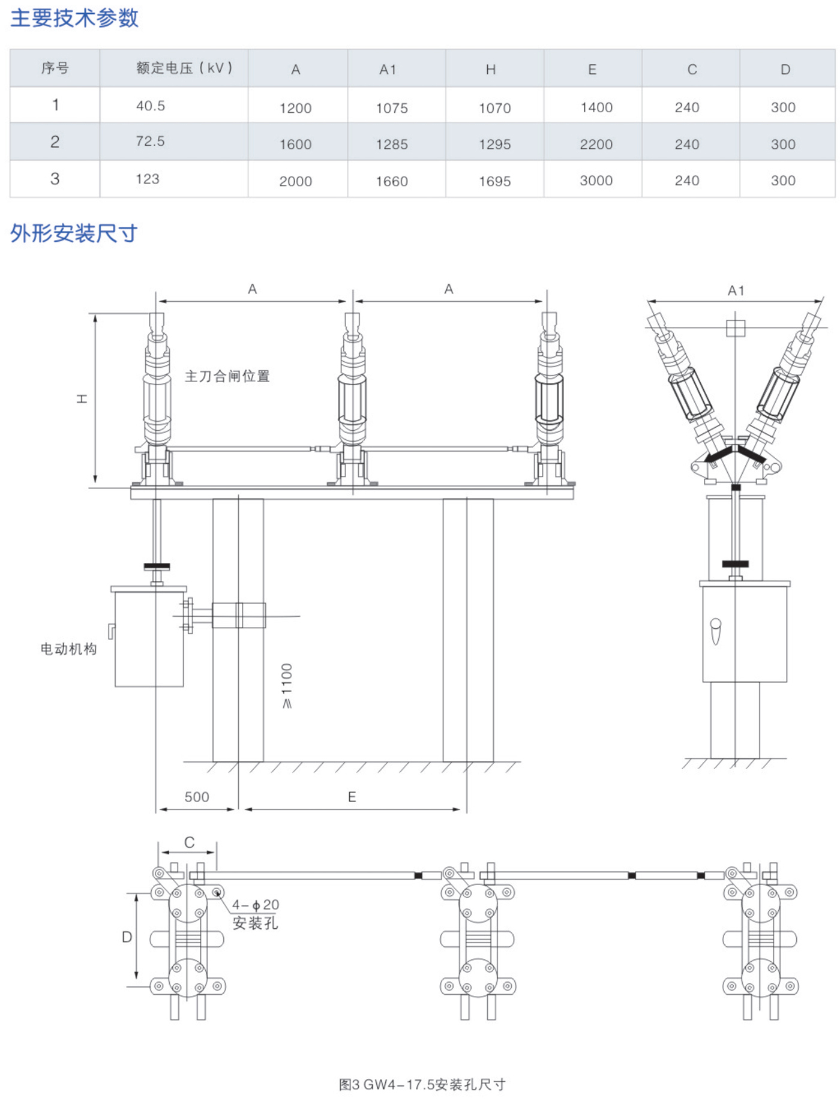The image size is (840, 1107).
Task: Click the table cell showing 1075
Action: [392, 108]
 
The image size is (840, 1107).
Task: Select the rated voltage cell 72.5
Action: [150, 142]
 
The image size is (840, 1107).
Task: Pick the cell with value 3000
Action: [596, 181]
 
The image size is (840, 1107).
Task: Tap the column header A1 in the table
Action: [388, 70]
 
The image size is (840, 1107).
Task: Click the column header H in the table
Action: [491, 70]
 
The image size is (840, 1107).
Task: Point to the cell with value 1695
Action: [494, 181]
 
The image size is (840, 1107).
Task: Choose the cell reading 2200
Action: [596, 145]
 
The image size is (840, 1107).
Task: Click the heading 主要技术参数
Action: [74, 18]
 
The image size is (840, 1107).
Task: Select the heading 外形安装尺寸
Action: [74, 233]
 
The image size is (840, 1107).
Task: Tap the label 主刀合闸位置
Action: [227, 376]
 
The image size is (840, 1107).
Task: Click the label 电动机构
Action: [68, 649]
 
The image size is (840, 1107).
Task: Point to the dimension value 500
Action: [197, 797]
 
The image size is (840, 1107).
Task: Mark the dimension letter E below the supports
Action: [352, 797]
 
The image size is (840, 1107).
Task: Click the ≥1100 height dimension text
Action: [287, 686]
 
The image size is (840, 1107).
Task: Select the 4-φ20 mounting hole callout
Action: [256, 905]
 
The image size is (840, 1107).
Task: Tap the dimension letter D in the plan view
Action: [127, 937]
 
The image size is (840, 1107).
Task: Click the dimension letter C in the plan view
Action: [189, 843]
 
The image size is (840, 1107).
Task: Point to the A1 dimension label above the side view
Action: [736, 291]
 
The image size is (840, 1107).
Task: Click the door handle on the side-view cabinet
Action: [715, 630]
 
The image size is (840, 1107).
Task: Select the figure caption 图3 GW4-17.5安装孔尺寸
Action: [422, 1085]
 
